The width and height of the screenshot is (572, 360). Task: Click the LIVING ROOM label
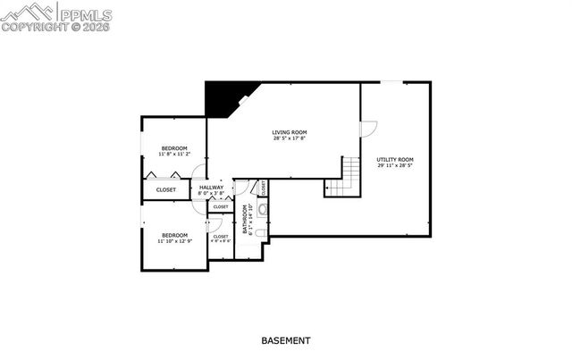pos(290,131)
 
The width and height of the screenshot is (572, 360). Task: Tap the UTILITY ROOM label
pos(394,159)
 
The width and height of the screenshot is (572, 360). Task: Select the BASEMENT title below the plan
pos(286,340)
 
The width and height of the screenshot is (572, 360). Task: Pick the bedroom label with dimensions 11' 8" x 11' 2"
pos(174,147)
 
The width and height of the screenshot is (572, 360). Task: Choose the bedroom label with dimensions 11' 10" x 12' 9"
pos(174,235)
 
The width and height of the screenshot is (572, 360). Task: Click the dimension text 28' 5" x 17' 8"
pos(290,138)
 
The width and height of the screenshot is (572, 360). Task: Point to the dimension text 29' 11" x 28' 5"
pos(394,166)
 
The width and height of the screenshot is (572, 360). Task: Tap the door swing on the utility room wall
pos(367,129)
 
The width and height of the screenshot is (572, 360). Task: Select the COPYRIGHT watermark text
pos(39,27)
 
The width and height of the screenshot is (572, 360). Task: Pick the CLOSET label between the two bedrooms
pos(166,189)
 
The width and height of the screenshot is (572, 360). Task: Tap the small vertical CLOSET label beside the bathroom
pos(265,188)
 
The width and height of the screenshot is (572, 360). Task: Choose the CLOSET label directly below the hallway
pos(220,206)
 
